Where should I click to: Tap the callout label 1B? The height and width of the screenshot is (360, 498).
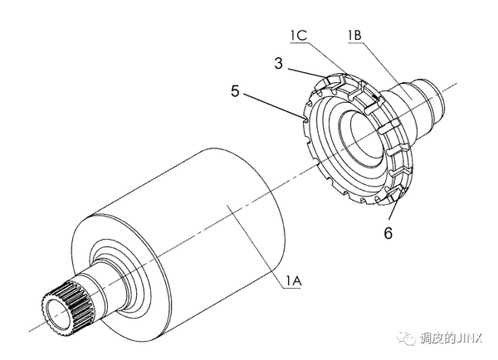[354, 35]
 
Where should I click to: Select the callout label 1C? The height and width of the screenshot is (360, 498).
[299, 35]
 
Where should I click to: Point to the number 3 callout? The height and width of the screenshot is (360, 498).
[279, 63]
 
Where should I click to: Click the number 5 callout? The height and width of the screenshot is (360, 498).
[235, 91]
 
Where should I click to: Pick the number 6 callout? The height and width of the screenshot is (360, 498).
[388, 233]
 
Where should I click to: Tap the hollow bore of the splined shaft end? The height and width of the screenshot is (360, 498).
[57, 315]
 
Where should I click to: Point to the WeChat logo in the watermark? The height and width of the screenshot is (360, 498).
[406, 338]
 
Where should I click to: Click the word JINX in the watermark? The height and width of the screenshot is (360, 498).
[469, 338]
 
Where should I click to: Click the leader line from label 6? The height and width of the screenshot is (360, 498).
[393, 207]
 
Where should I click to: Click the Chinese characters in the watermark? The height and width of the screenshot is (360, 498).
[436, 338]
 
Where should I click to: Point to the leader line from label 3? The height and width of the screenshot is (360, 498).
[306, 73]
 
